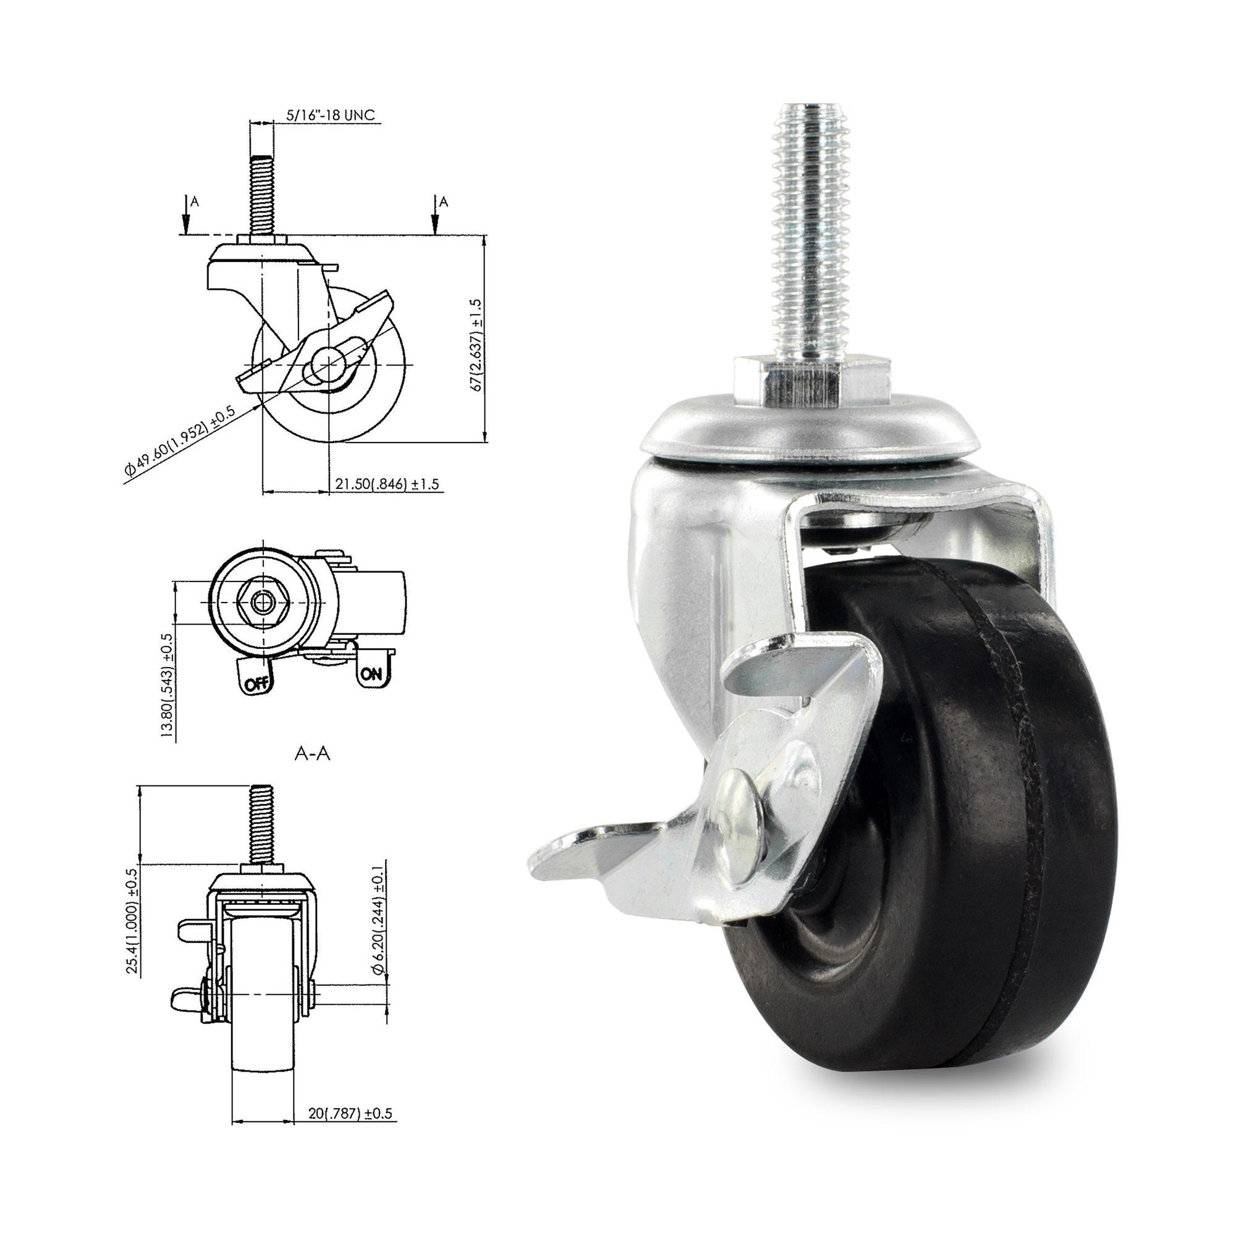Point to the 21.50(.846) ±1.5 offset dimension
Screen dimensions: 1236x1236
click(x=387, y=484)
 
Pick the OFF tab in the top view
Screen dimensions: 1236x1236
click(x=255, y=683)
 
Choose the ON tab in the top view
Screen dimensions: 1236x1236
click(x=371, y=673)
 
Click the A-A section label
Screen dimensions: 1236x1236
click(x=312, y=754)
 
